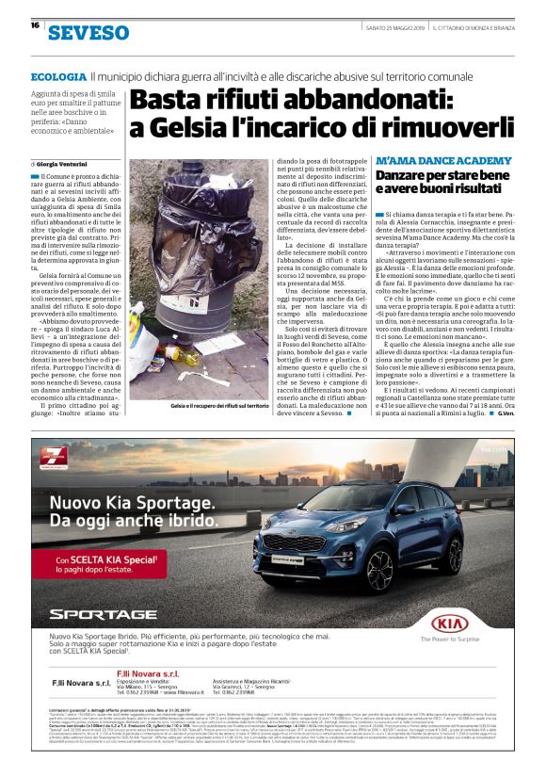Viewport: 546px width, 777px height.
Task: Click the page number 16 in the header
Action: click(35, 24)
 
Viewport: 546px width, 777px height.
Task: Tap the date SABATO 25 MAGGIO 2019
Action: click(394, 25)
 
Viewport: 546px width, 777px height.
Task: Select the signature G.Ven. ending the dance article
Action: click(506, 415)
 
